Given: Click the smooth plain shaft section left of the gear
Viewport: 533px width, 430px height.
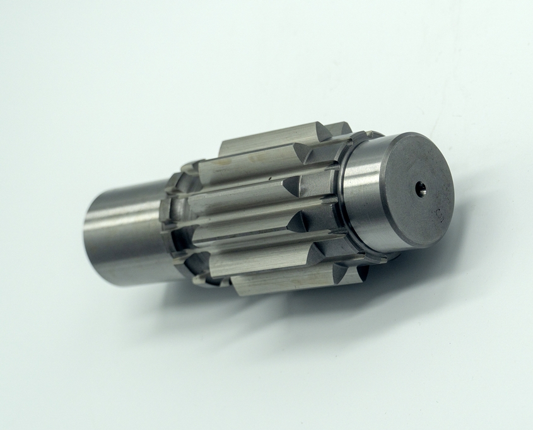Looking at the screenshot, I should (x=123, y=233).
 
